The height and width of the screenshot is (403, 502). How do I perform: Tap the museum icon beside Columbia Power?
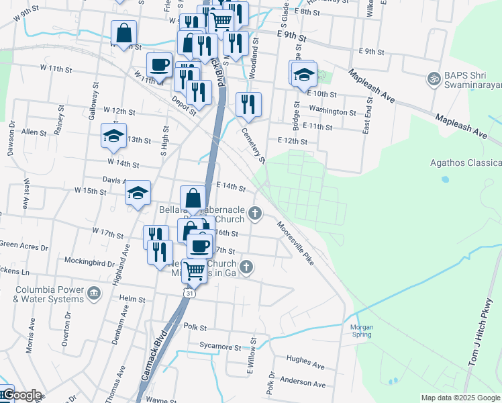pos(93,293)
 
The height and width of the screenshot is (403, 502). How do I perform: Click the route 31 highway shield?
pos(191,294)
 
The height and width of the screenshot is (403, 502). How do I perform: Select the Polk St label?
pos(195,326)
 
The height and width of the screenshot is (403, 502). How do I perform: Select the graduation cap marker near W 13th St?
pos(113,136)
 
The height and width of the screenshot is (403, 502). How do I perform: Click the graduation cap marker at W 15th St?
pos(138,193)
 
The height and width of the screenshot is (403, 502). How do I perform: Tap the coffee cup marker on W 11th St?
pos(159,64)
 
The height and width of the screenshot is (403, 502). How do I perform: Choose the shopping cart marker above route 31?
pos(195,270)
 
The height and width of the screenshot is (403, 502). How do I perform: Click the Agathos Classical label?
pos(466,163)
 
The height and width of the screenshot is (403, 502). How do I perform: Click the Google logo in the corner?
pos(21,396)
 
